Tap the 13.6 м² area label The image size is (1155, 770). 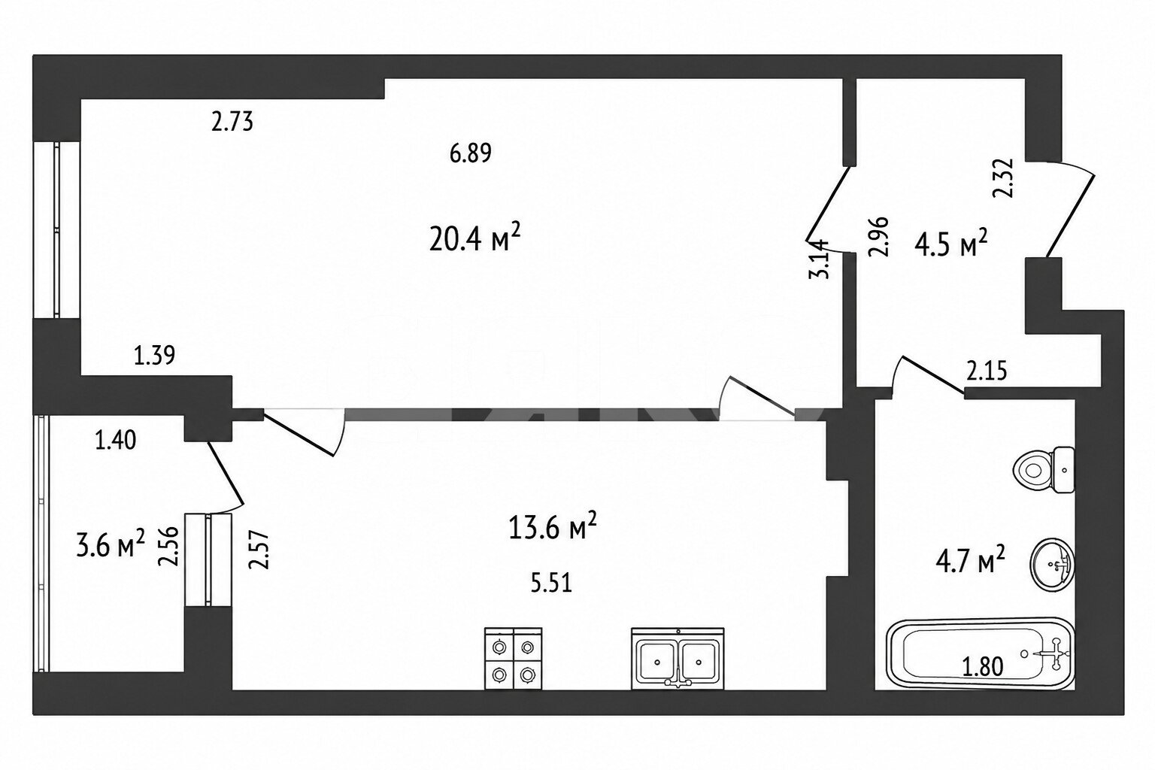point(553,526)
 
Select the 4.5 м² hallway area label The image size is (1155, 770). point(950,244)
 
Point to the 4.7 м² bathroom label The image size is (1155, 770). point(971,561)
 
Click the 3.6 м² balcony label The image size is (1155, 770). point(111,544)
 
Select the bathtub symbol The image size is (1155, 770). point(981,654)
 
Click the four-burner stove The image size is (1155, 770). point(513,658)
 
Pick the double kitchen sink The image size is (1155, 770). point(678,659)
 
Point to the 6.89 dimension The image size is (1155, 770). point(470,153)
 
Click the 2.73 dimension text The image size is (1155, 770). point(232,123)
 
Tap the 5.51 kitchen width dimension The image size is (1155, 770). point(551,584)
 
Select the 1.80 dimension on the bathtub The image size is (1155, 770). point(983,666)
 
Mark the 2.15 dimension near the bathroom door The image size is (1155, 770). point(987,371)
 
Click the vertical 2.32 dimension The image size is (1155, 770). point(1003,178)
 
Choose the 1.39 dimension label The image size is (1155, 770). point(154,356)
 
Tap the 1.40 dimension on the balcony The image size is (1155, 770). point(116,441)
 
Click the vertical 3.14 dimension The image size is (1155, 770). point(818,259)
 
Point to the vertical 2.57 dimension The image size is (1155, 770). point(259,549)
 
